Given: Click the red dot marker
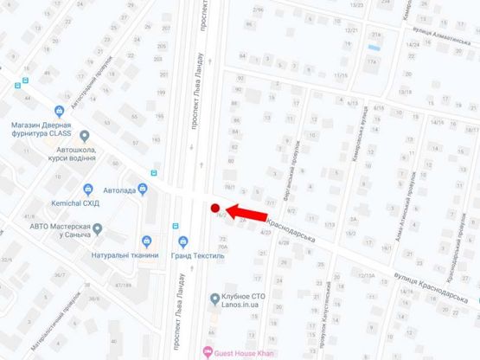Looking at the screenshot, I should click(x=214, y=207).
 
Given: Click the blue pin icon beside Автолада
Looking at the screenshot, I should click(x=88, y=189).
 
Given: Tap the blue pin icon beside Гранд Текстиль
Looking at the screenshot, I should click(x=182, y=241).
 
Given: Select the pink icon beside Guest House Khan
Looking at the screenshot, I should click(x=206, y=351).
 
